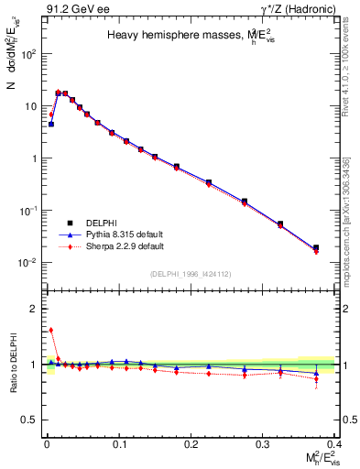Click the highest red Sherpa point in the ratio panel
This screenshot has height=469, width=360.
click(x=51, y=330)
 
